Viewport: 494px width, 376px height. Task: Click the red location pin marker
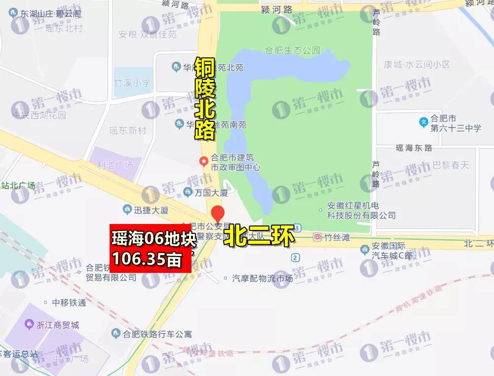coord(218,214)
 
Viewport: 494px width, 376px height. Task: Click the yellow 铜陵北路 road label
coord(204,98)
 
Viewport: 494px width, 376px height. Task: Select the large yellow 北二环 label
coord(260,235)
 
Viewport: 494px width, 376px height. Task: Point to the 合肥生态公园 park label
coord(292,50)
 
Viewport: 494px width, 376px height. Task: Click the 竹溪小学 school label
coord(132,82)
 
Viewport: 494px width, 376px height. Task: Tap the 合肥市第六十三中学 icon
coord(423,121)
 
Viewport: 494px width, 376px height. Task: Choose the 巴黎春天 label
coord(450,165)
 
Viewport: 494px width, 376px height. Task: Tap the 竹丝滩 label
coord(337,238)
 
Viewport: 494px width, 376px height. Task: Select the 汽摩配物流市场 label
coord(262,278)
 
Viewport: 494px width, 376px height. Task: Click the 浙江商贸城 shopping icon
coord(29,325)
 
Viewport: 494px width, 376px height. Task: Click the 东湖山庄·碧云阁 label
coord(51,14)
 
